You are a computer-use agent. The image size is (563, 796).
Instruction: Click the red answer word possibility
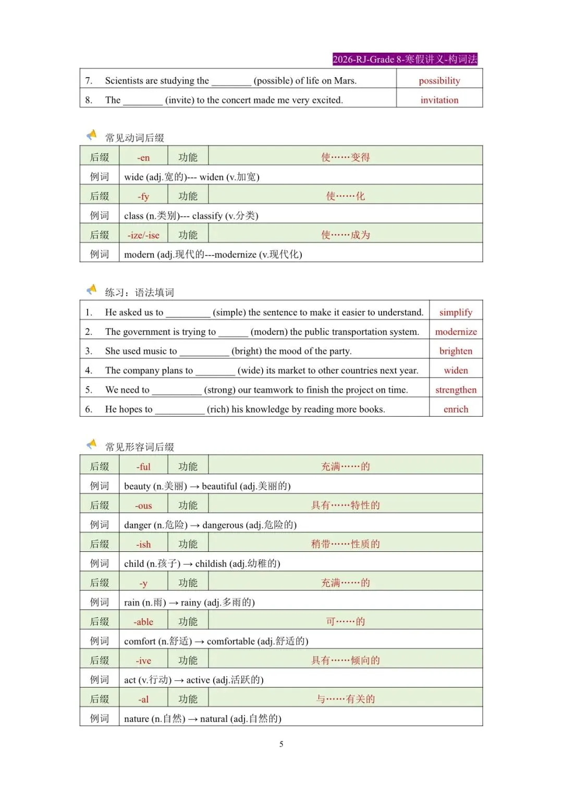point(439,81)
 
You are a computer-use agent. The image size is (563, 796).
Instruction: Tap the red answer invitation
point(439,100)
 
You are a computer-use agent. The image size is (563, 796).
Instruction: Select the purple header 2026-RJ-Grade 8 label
point(405,59)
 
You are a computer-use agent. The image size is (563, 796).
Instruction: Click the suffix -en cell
point(143,158)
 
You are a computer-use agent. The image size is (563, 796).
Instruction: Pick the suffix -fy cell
point(143,196)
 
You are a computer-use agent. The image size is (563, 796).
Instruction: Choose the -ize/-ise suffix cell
point(143,235)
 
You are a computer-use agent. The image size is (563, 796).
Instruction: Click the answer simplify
point(456,312)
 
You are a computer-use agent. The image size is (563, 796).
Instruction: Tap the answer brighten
point(456,351)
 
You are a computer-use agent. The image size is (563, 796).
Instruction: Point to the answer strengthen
point(456,390)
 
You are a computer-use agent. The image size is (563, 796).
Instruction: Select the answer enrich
point(456,409)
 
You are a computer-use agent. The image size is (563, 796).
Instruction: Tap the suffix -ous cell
point(143,505)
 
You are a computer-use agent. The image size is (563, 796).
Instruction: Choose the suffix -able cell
point(143,622)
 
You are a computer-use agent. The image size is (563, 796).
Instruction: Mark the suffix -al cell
point(143,699)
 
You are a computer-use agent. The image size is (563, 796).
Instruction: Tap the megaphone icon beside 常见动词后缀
point(92,136)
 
